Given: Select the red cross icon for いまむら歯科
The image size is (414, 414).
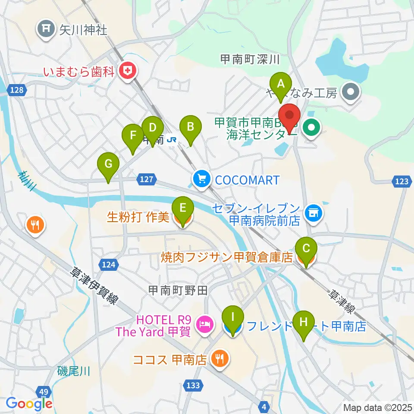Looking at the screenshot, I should pos(127,71).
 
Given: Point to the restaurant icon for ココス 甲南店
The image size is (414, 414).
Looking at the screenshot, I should pos(220,359).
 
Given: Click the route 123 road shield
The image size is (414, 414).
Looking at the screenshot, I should pos(401,182).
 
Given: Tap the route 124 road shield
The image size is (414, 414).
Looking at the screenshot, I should pos(108,263).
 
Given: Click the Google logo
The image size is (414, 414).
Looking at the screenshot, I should pos(29,404).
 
